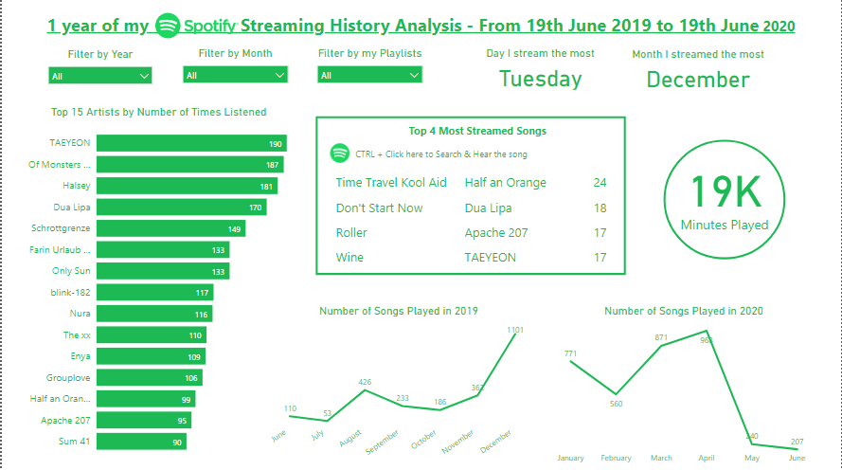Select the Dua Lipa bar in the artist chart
[x=181, y=207]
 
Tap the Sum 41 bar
[x=142, y=442]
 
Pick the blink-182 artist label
[x=70, y=293]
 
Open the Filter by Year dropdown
[x=99, y=76]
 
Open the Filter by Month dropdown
[x=235, y=76]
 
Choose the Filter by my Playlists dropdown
[x=368, y=76]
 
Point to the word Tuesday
[x=540, y=80]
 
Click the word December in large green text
[x=698, y=80]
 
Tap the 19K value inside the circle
[x=725, y=191]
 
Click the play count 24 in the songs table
[x=600, y=183]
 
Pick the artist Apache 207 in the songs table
[x=496, y=233]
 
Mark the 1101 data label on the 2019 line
[x=514, y=330]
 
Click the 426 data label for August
[x=365, y=382]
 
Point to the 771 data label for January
[x=570, y=353]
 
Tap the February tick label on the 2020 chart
[x=616, y=458]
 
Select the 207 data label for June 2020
[x=796, y=442]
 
